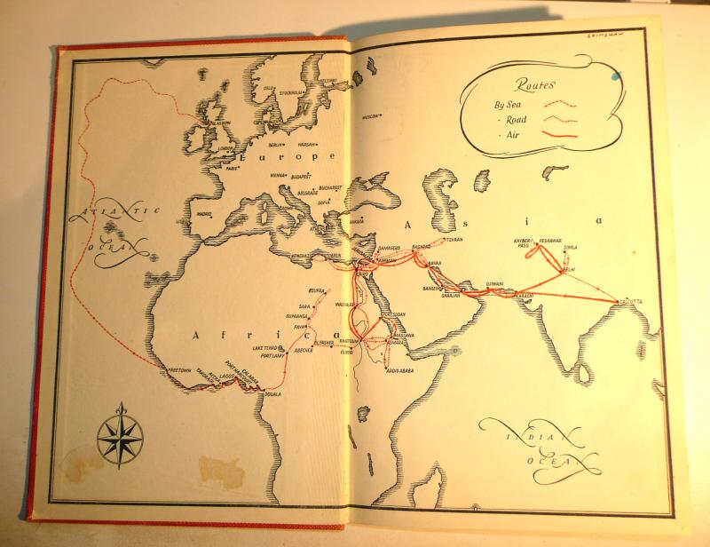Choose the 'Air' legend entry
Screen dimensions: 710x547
pos(516,133)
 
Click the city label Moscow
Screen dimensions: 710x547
pos(372,116)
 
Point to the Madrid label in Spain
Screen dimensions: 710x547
pos(205,214)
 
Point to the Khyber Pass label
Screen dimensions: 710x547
pos(523,242)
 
